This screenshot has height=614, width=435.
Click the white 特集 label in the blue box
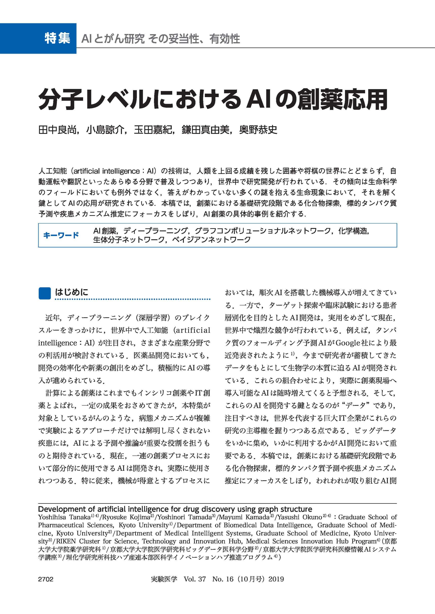(57, 38)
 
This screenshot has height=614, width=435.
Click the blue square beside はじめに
(45, 293)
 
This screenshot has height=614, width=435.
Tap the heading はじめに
(71, 292)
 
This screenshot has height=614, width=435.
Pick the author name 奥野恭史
(258, 130)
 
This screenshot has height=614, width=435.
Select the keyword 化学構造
(353, 231)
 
